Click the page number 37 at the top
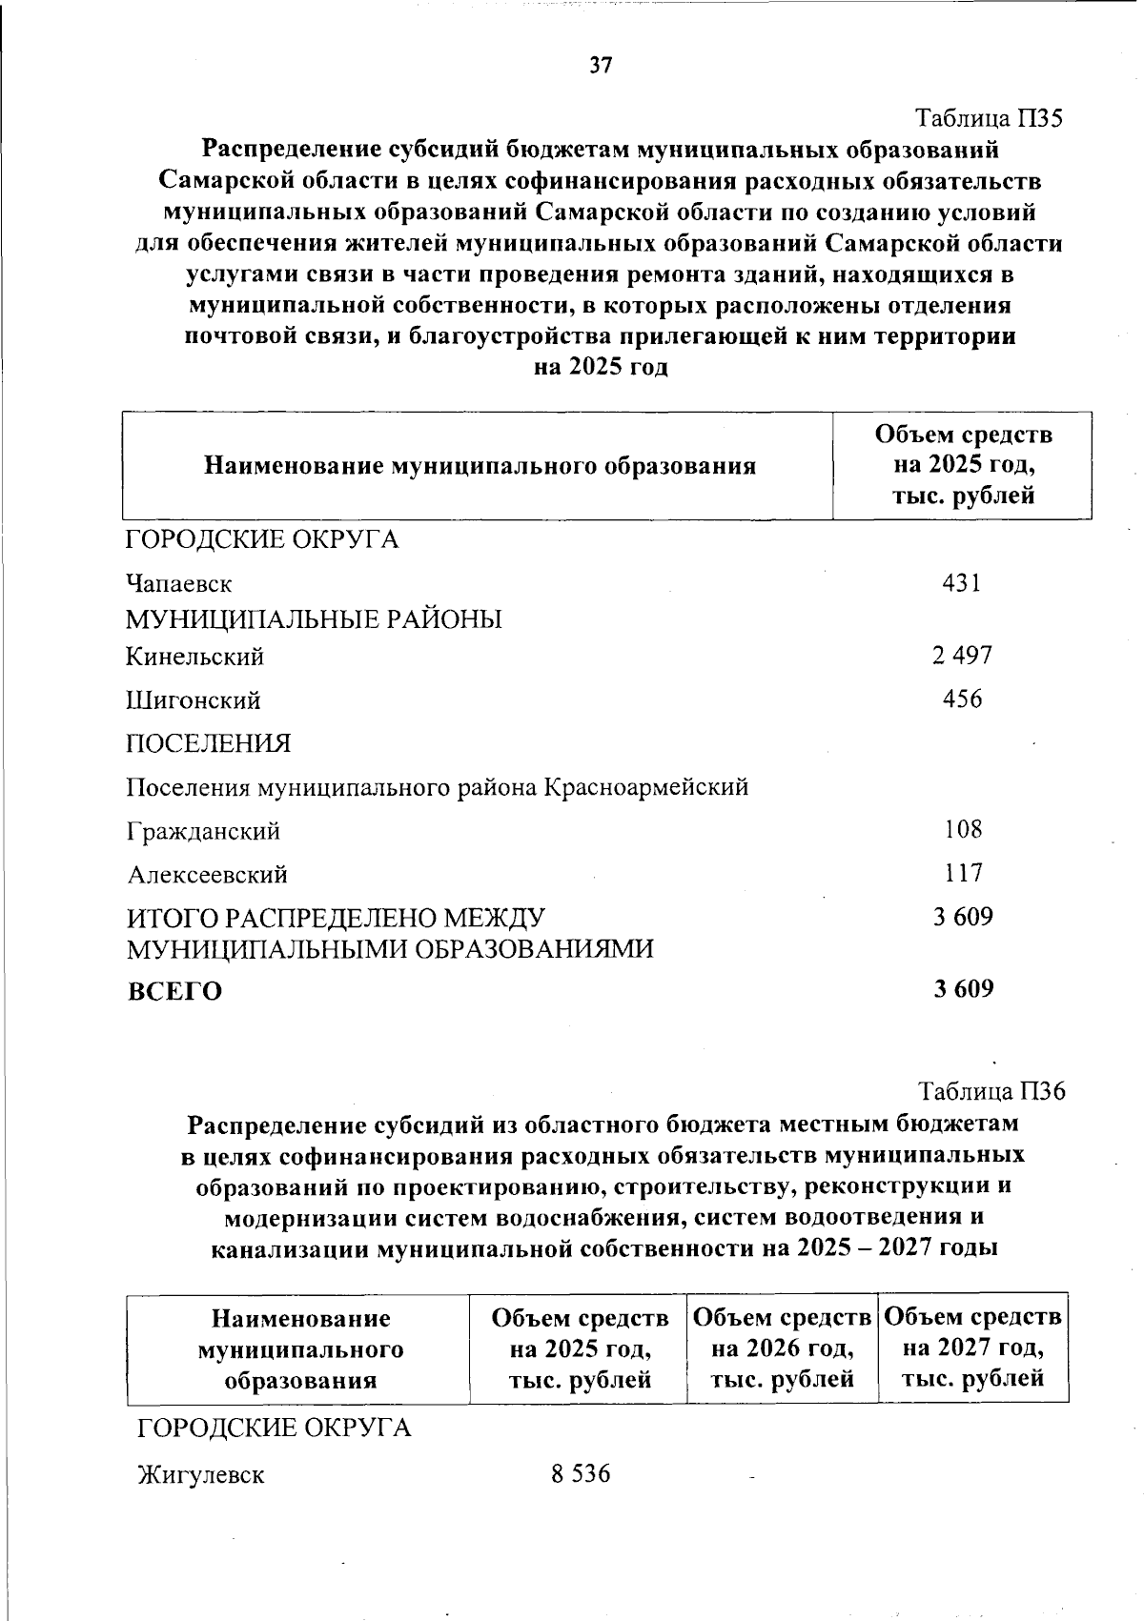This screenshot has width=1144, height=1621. pos(601,66)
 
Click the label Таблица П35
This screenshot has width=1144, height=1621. pos(989,119)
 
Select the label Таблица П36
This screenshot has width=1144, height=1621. pos(991,1090)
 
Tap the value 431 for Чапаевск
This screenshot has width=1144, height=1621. pos(961,582)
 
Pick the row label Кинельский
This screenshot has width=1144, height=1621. pos(195,657)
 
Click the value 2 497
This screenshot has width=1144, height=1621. pos(962,656)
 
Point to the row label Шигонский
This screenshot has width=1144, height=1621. pos(194,700)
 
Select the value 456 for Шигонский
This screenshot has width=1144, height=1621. pos(962,699)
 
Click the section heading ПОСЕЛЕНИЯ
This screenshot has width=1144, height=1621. pos(209,743)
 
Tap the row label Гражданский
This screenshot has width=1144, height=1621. pos(204,831)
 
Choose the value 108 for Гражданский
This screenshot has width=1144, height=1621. pos(963,829)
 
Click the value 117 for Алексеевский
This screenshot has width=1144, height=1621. pos(963,872)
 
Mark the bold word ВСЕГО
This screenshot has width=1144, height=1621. pos(174,992)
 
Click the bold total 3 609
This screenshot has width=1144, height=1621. pos(963,989)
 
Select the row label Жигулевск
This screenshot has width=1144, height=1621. pos(201,1476)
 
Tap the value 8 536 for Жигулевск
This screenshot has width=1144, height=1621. pos(581,1474)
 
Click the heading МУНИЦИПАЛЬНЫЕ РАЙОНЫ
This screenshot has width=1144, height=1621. pos(315,620)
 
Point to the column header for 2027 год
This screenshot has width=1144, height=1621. pos(972,1347)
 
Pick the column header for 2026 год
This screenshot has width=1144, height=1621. pos(782,1347)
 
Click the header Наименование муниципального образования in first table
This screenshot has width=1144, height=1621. pos(480,466)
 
